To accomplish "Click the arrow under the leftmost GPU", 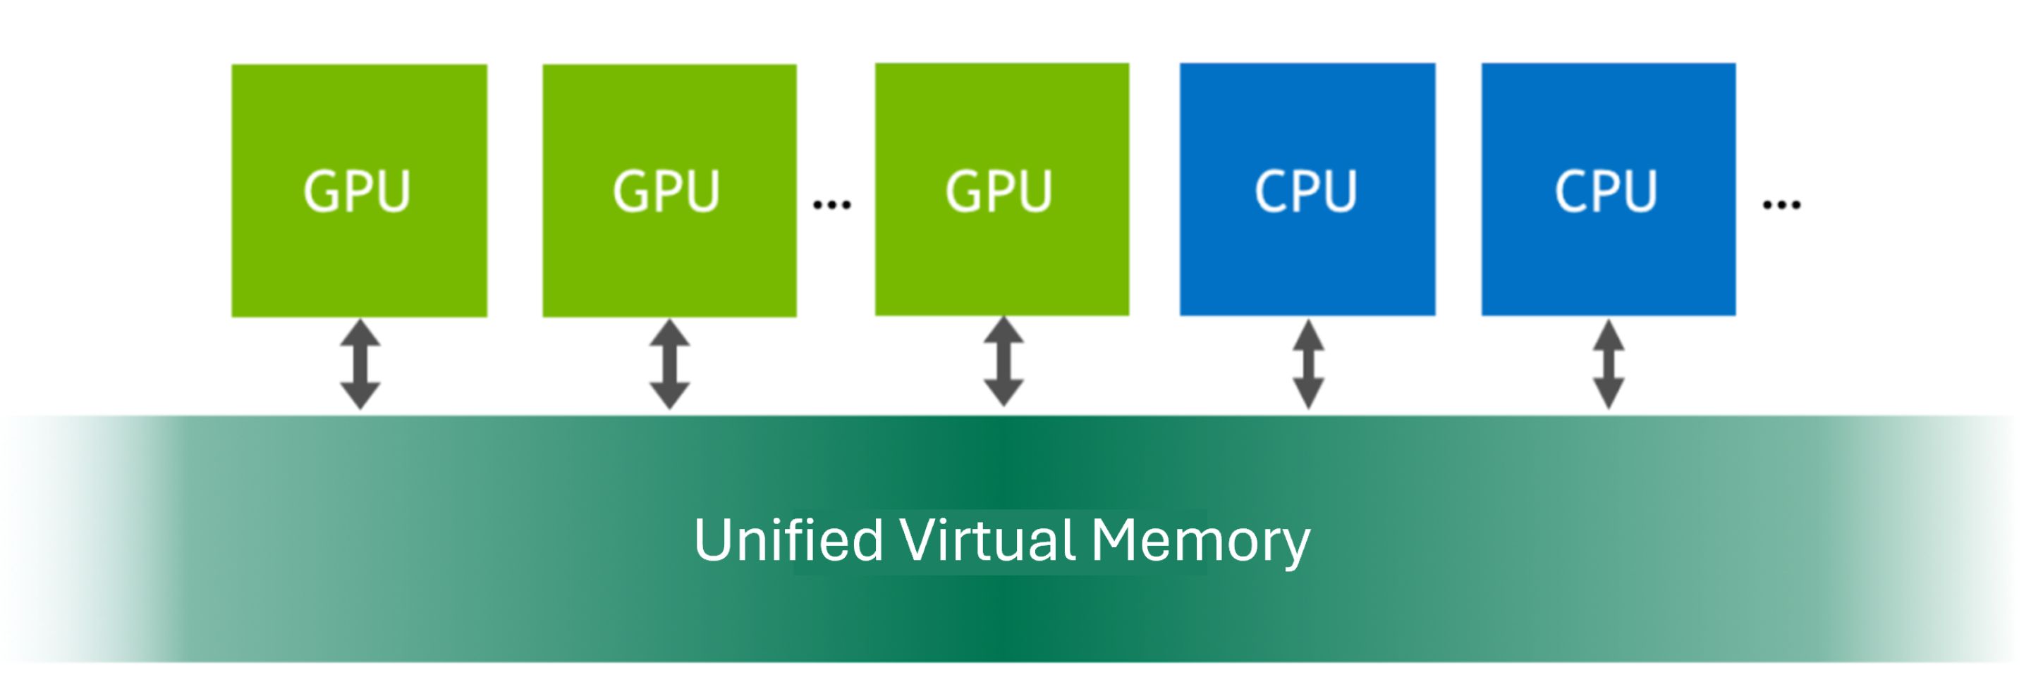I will click(x=360, y=364).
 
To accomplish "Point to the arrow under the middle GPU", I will click(x=669, y=364).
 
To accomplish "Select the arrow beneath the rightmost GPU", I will click(x=1004, y=361).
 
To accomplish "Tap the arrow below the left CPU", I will click(x=1308, y=364).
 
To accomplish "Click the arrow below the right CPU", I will click(x=1609, y=364).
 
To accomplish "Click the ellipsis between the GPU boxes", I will click(x=832, y=206).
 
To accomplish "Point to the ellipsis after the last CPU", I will click(x=1781, y=206).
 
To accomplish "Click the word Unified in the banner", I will click(x=788, y=540).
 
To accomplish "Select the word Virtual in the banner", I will click(x=987, y=540).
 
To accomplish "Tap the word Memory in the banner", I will click(x=1200, y=542).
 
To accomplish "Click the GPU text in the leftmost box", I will click(x=357, y=192).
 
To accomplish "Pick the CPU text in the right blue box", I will click(x=1606, y=192).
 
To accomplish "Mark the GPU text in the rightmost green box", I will click(x=999, y=192).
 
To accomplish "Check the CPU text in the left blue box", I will click(x=1305, y=192).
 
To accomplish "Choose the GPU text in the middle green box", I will click(x=666, y=192).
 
